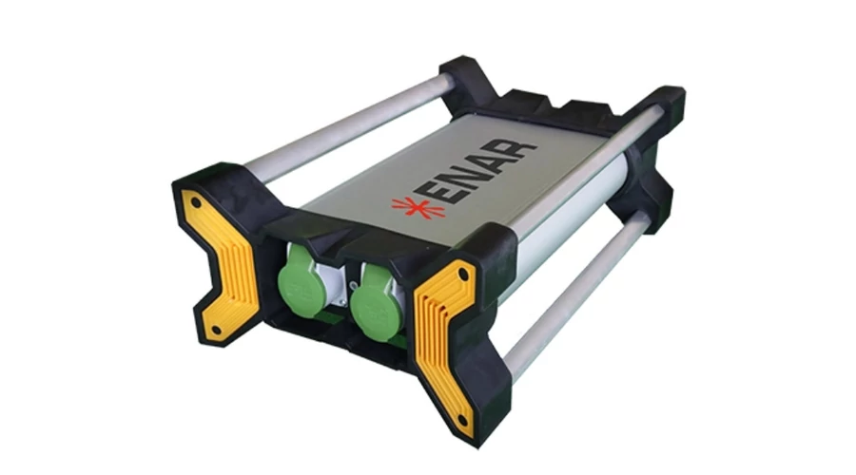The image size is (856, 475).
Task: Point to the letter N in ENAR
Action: coord(475,172)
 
